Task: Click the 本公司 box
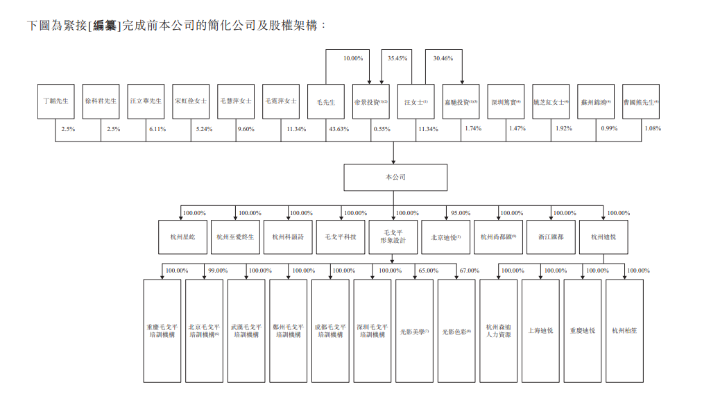[395, 177]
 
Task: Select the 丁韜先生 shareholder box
[55, 101]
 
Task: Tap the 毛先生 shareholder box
[325, 101]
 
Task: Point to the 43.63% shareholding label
[338, 129]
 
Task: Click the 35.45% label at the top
[397, 58]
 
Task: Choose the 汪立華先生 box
[146, 101]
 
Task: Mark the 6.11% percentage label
[157, 129]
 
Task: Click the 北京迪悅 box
[445, 237]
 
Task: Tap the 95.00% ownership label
[460, 213]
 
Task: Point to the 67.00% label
[470, 271]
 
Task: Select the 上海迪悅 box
[540, 331]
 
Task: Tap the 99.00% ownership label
[218, 271]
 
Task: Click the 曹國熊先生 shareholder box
[641, 101]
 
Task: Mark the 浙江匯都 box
[551, 237]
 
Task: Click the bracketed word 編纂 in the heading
[105, 26]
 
